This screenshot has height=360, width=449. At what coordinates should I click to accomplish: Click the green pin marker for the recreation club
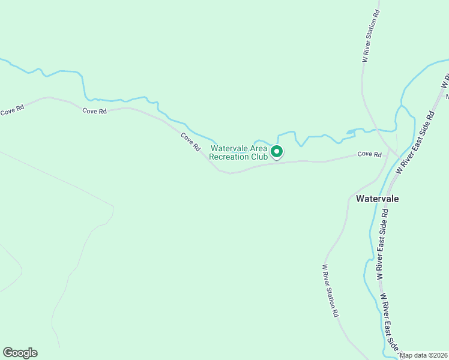click(x=276, y=152)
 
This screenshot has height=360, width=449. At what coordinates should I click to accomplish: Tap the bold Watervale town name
click(x=377, y=198)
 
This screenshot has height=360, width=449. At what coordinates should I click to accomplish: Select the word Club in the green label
click(x=260, y=157)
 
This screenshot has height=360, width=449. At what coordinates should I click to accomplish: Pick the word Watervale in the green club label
click(x=229, y=148)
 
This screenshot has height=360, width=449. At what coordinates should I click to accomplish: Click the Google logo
click(x=20, y=353)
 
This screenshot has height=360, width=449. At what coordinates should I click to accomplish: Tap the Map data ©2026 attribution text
click(x=423, y=355)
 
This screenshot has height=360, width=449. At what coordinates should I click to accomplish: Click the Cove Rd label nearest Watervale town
click(x=369, y=154)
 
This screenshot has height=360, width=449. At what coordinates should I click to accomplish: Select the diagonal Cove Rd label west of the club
click(x=191, y=142)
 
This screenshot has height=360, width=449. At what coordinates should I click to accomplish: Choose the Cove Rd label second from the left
click(x=94, y=111)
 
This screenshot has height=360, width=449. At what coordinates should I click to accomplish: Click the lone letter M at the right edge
click(x=447, y=97)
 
